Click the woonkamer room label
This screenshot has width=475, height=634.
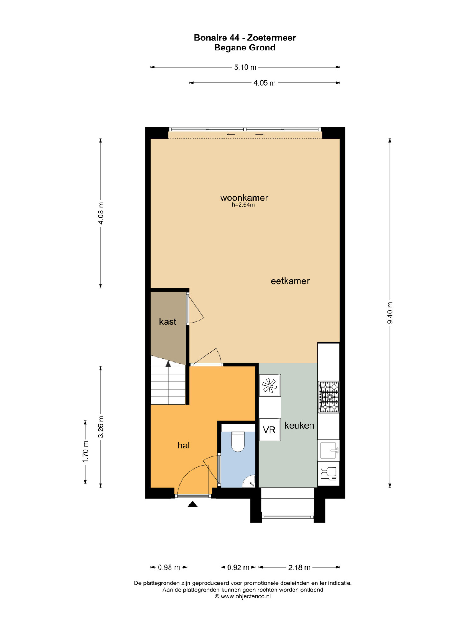(x=244, y=198)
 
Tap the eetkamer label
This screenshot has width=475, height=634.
(x=290, y=281)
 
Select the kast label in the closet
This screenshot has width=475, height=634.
(x=167, y=322)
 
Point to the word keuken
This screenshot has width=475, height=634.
(x=299, y=425)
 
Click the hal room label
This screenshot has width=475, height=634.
(x=183, y=445)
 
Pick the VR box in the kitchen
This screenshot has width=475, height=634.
(x=269, y=430)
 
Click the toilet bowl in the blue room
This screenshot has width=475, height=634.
(x=238, y=441)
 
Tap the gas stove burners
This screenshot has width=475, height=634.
(x=329, y=397)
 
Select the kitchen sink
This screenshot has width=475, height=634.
(x=329, y=450)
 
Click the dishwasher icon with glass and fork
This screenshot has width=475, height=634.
(x=329, y=474)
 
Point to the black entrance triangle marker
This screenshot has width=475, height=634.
(x=193, y=504)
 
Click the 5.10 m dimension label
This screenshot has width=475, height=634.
(x=245, y=67)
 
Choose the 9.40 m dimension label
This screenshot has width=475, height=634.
(x=390, y=313)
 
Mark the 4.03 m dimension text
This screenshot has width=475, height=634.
(x=101, y=213)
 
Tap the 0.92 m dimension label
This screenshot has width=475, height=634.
(x=238, y=567)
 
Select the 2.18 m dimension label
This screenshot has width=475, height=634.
(x=299, y=567)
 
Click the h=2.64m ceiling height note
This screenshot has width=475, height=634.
(x=243, y=205)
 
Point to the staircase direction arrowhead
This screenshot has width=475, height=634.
(x=168, y=364)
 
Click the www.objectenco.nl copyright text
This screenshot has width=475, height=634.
(x=243, y=596)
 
